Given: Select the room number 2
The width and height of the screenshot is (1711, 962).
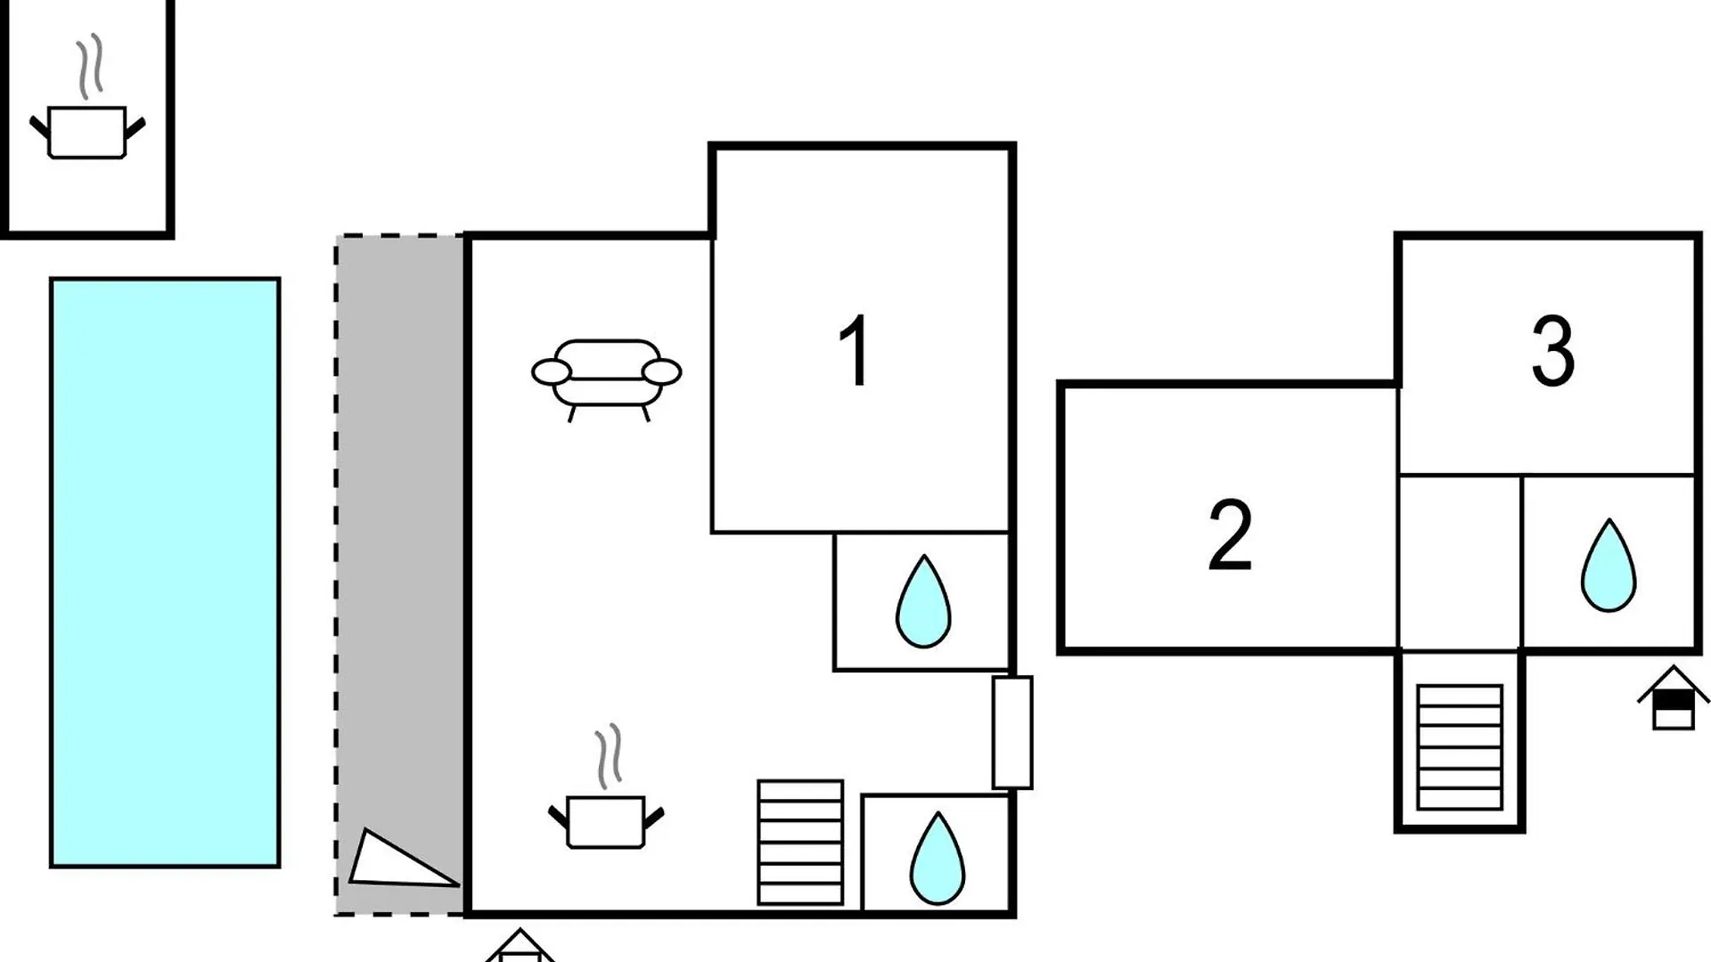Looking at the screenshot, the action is click(x=1230, y=534).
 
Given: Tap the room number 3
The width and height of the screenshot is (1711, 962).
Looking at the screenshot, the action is click(x=1552, y=351).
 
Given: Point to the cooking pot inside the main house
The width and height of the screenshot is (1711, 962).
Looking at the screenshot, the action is click(x=605, y=820).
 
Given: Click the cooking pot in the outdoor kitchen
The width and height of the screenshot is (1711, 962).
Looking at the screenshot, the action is click(x=87, y=132).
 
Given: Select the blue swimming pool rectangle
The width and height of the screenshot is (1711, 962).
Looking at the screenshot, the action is click(x=165, y=573).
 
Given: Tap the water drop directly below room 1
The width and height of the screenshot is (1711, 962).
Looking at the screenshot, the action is click(x=923, y=601).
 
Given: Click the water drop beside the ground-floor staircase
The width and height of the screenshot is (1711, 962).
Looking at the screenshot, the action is click(x=937, y=858).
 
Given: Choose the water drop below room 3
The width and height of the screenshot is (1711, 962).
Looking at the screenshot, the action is click(x=1609, y=566).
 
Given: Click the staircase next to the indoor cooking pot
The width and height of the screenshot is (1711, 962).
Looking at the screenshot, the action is click(x=800, y=843).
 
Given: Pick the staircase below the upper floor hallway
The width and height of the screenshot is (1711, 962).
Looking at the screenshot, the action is click(x=1460, y=746).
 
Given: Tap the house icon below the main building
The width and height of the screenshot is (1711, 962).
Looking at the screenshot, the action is click(x=520, y=946).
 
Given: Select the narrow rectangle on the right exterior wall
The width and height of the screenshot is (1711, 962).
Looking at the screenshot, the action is click(x=1012, y=732).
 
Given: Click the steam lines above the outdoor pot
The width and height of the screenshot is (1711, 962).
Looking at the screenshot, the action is click(x=90, y=67).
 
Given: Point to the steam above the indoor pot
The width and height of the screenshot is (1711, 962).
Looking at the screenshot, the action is click(x=609, y=757).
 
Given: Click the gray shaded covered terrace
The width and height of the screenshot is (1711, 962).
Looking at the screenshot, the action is click(x=400, y=575).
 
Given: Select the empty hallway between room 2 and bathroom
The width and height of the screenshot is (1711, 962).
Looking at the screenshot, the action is click(x=1460, y=562).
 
